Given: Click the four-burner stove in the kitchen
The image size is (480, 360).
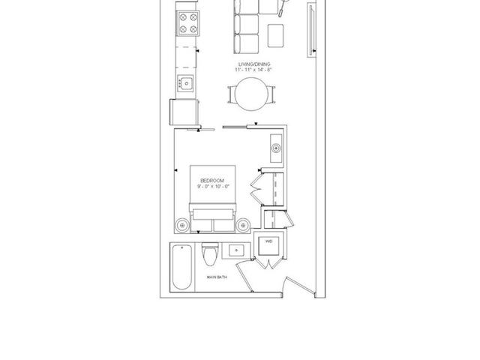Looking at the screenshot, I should coord(187,24).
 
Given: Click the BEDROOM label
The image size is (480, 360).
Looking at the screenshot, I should coord(208,179).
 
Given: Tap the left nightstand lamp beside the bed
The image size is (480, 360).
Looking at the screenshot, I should coord(182,223).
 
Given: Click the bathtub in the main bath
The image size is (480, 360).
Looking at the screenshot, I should coord(181,267).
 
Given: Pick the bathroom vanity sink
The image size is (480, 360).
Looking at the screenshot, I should coord(238,250).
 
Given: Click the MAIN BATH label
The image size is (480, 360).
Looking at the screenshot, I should coord(217,278).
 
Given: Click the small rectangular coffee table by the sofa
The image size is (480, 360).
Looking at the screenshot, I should coord(275,34).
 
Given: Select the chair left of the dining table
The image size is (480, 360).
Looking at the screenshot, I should coord(230,95).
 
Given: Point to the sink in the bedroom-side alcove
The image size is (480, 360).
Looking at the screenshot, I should coord(274,148).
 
